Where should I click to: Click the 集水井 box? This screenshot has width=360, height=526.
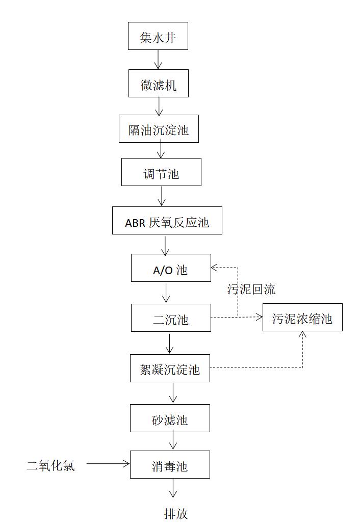(x=158, y=36)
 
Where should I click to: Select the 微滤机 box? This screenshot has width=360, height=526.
(x=159, y=84)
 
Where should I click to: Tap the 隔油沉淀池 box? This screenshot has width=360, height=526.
(x=159, y=129)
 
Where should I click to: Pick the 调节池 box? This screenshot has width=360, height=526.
(x=161, y=172)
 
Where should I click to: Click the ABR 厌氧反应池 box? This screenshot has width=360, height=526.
(x=167, y=221)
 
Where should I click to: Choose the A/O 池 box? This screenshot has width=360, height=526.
(x=171, y=268)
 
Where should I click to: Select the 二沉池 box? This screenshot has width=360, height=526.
(x=171, y=318)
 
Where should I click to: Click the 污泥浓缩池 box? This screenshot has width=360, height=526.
(x=302, y=318)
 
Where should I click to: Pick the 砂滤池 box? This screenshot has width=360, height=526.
(x=170, y=418)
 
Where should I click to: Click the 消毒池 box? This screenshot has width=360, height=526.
(x=170, y=465)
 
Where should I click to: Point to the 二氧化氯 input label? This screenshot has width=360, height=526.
(x=50, y=464)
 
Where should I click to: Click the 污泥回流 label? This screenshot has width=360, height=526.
(x=251, y=290)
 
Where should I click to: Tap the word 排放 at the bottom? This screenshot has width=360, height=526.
(x=176, y=513)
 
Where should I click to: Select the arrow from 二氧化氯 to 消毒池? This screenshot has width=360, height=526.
(x=108, y=463)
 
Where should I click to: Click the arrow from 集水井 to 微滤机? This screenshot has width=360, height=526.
(x=158, y=60)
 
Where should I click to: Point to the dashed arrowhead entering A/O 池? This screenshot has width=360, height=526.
(x=215, y=267)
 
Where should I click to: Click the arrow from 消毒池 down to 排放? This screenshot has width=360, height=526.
(x=173, y=488)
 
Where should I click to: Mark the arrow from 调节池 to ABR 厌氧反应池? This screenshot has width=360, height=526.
(x=162, y=196)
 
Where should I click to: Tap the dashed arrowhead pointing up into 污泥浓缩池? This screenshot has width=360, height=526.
(x=302, y=335)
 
